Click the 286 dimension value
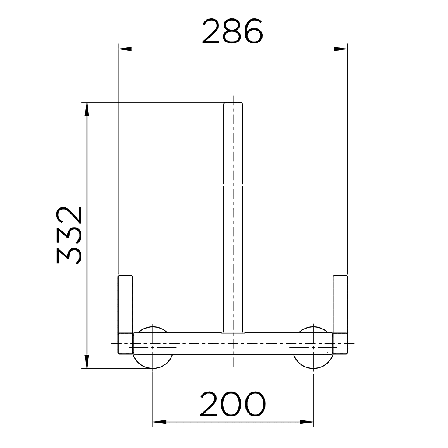[x=232, y=31]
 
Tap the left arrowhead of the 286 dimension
[x=124, y=48]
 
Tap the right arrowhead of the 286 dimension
[x=341, y=48]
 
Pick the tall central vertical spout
[x=233, y=219]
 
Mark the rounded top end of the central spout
[x=233, y=104]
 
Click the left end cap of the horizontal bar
[x=126, y=343]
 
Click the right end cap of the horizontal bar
[x=340, y=343]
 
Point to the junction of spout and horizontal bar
[x=233, y=333]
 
